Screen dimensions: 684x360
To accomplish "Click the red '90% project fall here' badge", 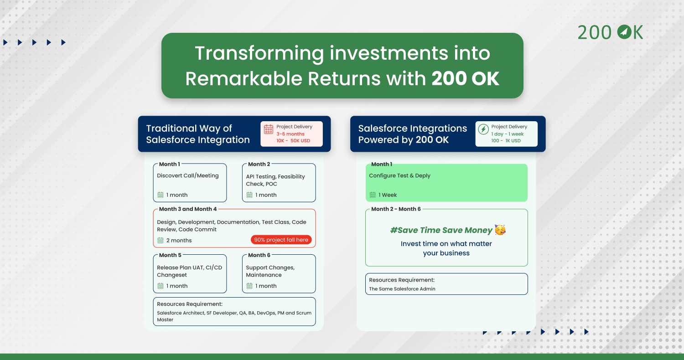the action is [x=281, y=240].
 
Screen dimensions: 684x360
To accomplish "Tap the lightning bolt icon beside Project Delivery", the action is [x=483, y=129].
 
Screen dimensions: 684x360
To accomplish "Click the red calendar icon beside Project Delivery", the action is [x=269, y=129].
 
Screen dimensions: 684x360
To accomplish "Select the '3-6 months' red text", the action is [x=290, y=134].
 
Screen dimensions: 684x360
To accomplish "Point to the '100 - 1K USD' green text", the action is [x=506, y=141].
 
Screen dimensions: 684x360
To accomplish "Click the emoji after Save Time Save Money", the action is [x=500, y=230].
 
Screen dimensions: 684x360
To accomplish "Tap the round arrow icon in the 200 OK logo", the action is [x=624, y=32].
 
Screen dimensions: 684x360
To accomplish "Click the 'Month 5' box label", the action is [x=170, y=255].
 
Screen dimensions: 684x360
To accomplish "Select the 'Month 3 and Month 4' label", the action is [x=188, y=209].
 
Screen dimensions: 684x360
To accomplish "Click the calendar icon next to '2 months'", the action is [x=161, y=241].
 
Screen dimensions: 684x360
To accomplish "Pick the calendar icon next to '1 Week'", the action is [x=373, y=195].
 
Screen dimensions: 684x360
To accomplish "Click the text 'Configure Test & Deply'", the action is [x=400, y=176].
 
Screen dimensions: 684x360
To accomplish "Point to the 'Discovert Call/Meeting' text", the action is [x=188, y=176].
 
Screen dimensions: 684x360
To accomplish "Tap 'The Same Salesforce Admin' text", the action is [x=402, y=289].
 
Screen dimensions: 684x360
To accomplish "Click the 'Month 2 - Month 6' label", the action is [x=396, y=209].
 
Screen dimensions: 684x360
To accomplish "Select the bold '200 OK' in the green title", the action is [x=466, y=78].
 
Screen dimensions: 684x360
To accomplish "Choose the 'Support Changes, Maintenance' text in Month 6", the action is [x=270, y=271].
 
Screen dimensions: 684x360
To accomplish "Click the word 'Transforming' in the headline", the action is [x=259, y=54].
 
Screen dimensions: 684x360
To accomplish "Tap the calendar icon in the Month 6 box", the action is [x=249, y=286].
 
